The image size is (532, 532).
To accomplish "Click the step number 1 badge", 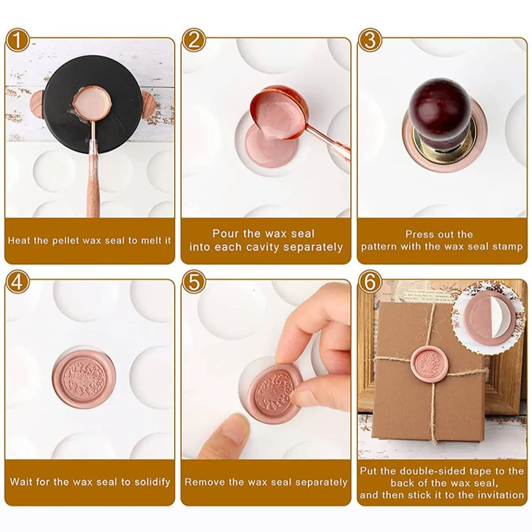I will (x=17, y=40).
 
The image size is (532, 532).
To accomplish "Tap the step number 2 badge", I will (x=194, y=40).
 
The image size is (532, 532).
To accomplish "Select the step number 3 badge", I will (x=370, y=40).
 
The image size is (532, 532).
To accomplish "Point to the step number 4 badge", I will (x=17, y=282).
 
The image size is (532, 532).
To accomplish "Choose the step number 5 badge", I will (x=194, y=282).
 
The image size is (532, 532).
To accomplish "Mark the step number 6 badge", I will (x=370, y=282).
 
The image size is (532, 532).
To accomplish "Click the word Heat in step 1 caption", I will (x=18, y=241).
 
